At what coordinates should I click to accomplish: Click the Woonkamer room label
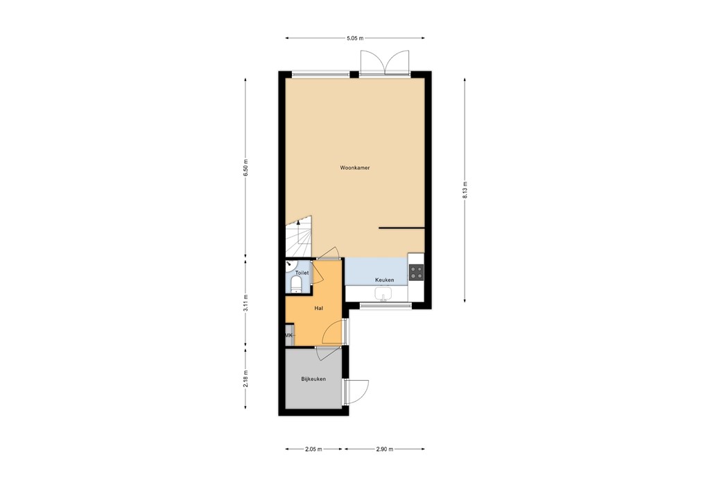coord(354,168)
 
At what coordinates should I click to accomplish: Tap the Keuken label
coord(385,280)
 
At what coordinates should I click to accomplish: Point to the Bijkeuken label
coord(313,379)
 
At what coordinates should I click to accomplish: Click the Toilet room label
coord(301,273)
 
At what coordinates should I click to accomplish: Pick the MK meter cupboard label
coord(289,336)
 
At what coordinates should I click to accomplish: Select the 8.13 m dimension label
coord(465,190)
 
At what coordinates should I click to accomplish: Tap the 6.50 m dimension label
coord(246,169)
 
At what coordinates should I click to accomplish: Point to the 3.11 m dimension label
coord(246,303)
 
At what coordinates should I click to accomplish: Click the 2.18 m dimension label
coord(246,380)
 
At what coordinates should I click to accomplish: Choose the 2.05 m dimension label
coord(314,449)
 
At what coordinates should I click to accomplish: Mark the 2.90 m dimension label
coord(385,449)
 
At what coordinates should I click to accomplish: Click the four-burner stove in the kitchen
coord(416,272)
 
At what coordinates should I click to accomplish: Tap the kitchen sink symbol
coord(383,295)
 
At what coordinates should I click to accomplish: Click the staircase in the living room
coord(299,236)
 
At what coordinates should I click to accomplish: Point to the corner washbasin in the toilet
coord(289,264)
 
